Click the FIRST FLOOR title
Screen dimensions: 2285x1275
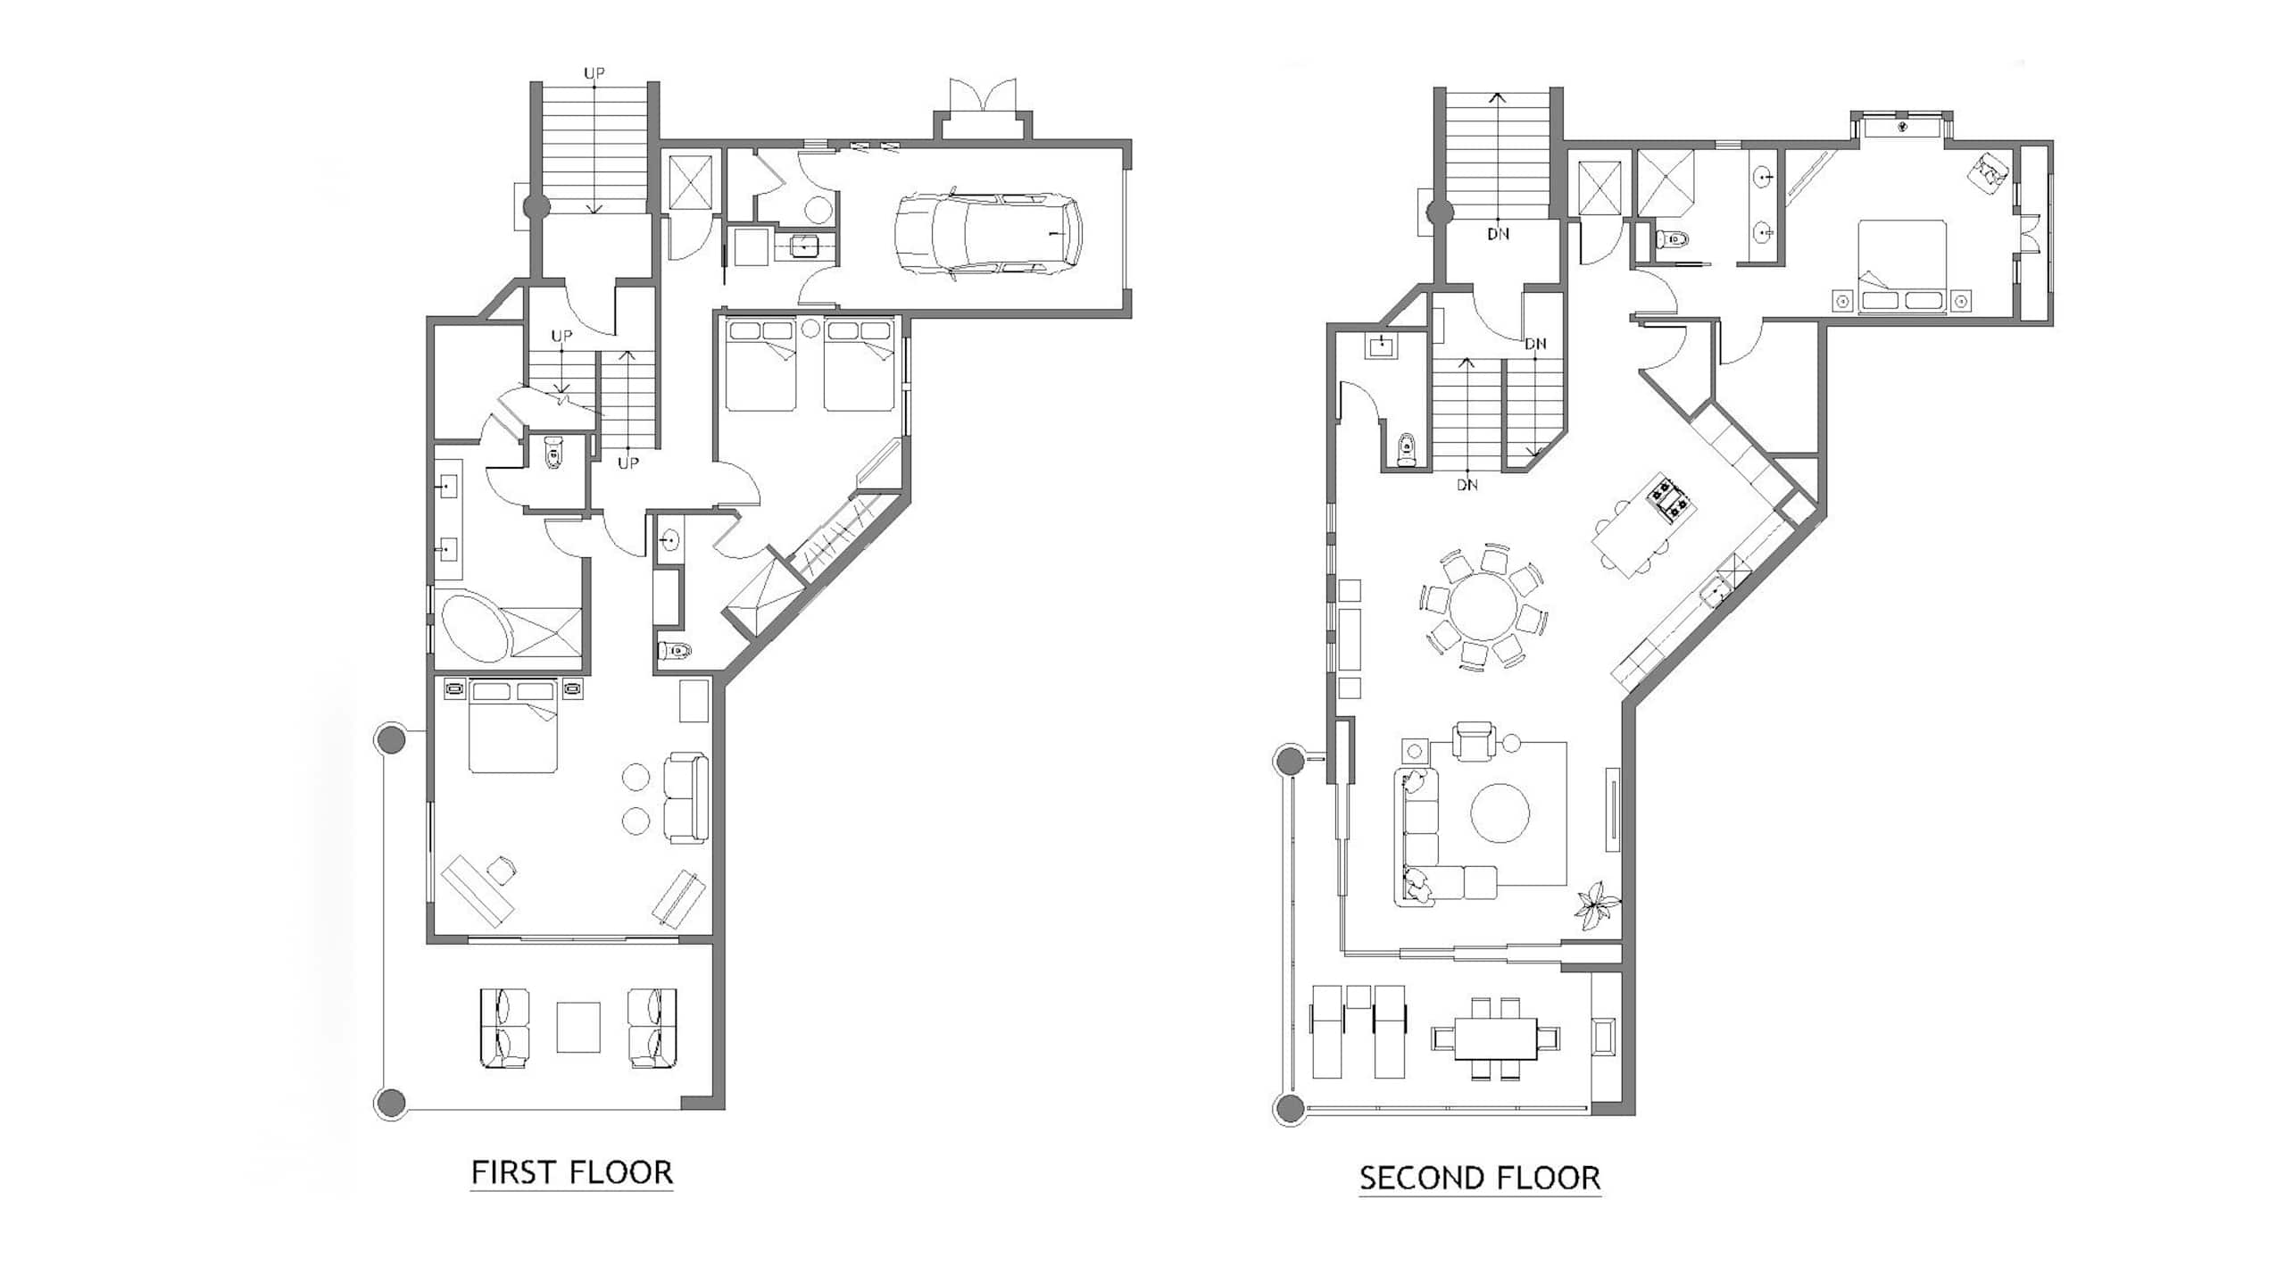pyautogui.click(x=572, y=1172)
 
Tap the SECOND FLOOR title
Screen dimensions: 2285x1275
pyautogui.click(x=1480, y=1178)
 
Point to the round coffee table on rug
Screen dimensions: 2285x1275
pyautogui.click(x=1500, y=812)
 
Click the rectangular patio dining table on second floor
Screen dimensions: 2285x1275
pyautogui.click(x=1496, y=1039)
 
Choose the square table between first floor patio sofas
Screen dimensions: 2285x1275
pyautogui.click(x=578, y=1028)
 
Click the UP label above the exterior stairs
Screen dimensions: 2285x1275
pyautogui.click(x=595, y=73)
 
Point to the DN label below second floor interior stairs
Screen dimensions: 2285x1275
pyautogui.click(x=1467, y=485)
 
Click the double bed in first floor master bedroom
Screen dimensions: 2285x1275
pyautogui.click(x=514, y=726)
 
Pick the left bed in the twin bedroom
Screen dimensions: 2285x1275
pyautogui.click(x=760, y=366)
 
